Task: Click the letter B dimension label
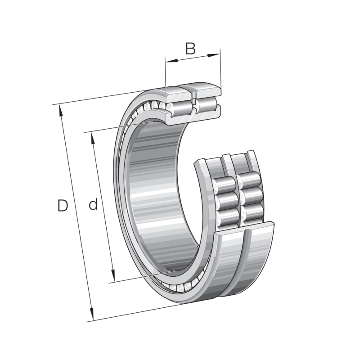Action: [191, 49]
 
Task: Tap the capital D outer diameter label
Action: [63, 206]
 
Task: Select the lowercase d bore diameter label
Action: [93, 205]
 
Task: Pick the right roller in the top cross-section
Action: [206, 104]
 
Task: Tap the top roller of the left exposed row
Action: [224, 185]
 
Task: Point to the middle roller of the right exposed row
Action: [250, 196]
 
